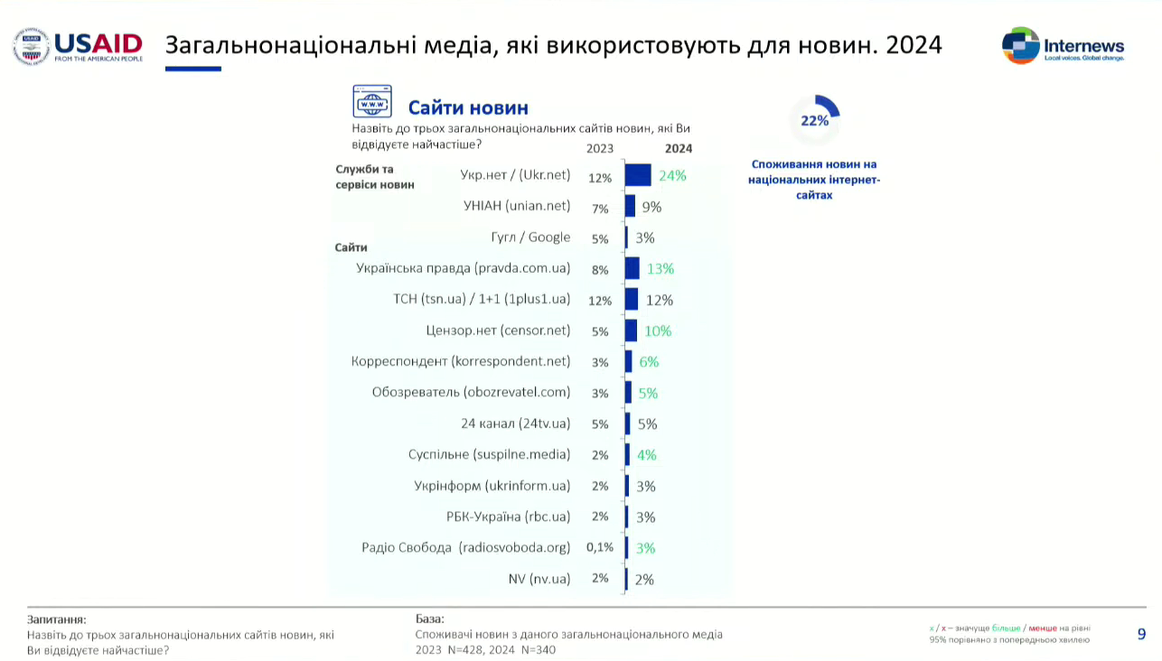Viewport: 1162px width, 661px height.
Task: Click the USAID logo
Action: [78, 46]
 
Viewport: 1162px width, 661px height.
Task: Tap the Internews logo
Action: [1063, 45]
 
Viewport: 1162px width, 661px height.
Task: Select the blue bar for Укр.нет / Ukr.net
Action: [638, 175]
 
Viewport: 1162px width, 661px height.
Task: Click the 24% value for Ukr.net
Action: [672, 176]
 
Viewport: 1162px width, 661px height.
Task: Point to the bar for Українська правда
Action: [633, 268]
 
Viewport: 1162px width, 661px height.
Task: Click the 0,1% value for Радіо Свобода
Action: [600, 547]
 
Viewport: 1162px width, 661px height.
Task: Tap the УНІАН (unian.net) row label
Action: [517, 206]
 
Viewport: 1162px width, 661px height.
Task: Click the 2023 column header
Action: [600, 149]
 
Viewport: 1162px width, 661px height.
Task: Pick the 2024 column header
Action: [679, 149]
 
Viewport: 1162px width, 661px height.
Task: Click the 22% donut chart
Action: [814, 120]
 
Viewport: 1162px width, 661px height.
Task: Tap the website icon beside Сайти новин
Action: [372, 102]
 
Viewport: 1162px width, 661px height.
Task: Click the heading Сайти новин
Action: [468, 108]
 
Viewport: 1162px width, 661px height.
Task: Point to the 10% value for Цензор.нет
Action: [657, 331]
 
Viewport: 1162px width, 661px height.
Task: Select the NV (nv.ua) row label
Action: [539, 578]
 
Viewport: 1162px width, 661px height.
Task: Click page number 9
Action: [1141, 634]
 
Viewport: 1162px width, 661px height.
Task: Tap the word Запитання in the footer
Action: [57, 619]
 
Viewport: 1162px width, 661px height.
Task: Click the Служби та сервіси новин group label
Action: [374, 177]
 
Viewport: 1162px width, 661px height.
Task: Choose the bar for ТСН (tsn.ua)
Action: [632, 300]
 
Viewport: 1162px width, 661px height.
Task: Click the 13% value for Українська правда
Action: [661, 269]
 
